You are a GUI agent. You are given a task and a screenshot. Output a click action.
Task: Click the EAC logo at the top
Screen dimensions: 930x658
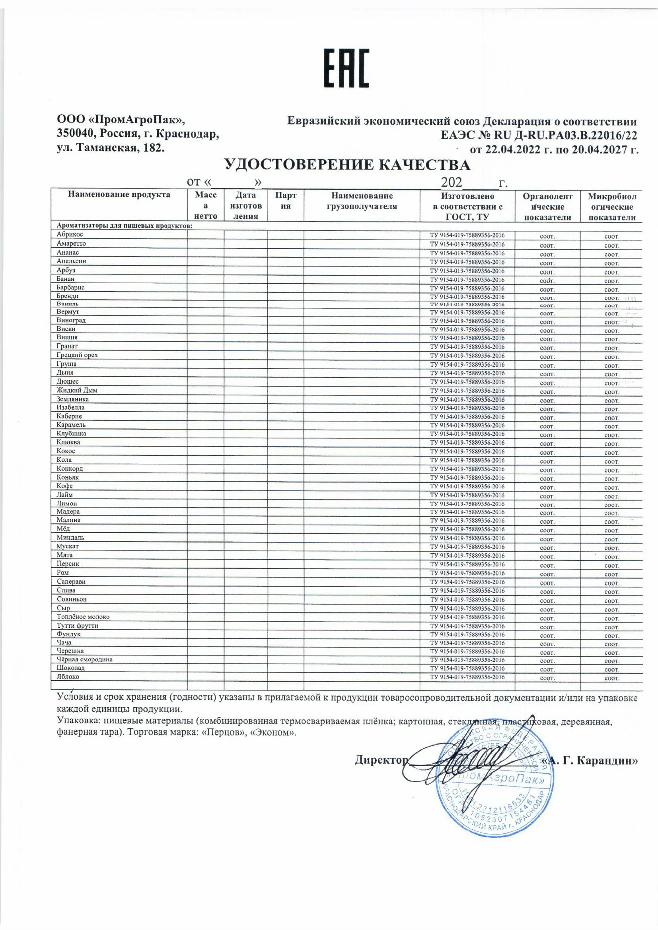tap(346, 68)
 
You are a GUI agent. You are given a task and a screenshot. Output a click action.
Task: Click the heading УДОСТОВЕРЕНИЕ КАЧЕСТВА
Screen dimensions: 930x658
tap(347, 165)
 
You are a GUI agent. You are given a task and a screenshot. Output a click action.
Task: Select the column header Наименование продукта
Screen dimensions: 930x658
tap(119, 195)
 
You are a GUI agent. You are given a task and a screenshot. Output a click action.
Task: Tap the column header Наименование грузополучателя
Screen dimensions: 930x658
tap(362, 201)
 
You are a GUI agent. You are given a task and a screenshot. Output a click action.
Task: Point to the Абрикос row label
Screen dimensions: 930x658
tap(70, 235)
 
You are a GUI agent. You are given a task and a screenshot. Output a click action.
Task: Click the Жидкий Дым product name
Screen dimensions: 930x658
tap(76, 391)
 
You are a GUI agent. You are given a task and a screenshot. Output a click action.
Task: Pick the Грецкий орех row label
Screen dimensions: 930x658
tap(77, 355)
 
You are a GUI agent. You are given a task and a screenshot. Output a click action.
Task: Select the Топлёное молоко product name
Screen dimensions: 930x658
tap(83, 617)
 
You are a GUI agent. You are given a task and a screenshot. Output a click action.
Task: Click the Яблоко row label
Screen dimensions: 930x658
tap(68, 677)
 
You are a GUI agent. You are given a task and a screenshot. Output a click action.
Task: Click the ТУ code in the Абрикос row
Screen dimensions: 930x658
tap(467, 235)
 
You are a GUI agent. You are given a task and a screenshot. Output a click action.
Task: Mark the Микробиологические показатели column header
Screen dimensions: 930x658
tap(612, 206)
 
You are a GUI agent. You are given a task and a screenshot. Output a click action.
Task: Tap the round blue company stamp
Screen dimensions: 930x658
tap(494, 784)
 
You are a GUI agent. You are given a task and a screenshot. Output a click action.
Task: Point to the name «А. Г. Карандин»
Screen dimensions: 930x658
tap(591, 761)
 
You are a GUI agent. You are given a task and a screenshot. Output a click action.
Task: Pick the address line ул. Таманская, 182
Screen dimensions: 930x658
tap(110, 148)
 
